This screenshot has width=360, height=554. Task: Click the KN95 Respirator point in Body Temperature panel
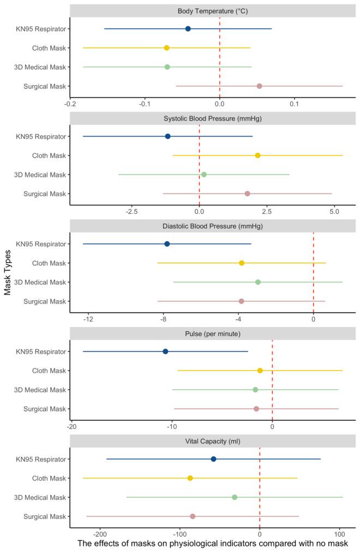[188, 28]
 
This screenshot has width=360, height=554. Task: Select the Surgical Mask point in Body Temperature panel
[259, 86]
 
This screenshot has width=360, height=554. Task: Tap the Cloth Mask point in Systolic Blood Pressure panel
[257, 156]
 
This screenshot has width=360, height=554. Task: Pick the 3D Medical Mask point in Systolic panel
[203, 175]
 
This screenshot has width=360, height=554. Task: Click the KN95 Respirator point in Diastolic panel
[167, 244]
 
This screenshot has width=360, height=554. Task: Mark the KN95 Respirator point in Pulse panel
[165, 352]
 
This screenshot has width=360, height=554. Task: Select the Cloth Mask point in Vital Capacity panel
[190, 478]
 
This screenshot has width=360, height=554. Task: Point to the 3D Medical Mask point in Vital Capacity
[235, 497]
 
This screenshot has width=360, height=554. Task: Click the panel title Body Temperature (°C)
[212, 11]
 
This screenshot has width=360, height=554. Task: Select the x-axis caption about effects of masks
[212, 544]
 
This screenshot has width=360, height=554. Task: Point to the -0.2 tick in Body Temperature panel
[70, 103]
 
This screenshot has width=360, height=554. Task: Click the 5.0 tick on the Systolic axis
[334, 211]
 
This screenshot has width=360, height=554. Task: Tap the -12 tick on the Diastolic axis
[88, 318]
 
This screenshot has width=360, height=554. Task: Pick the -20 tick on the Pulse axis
[71, 426]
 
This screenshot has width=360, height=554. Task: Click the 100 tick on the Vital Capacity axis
[339, 533]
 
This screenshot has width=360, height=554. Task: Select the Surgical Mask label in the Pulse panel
[45, 409]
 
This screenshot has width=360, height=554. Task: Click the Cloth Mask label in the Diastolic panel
[49, 263]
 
